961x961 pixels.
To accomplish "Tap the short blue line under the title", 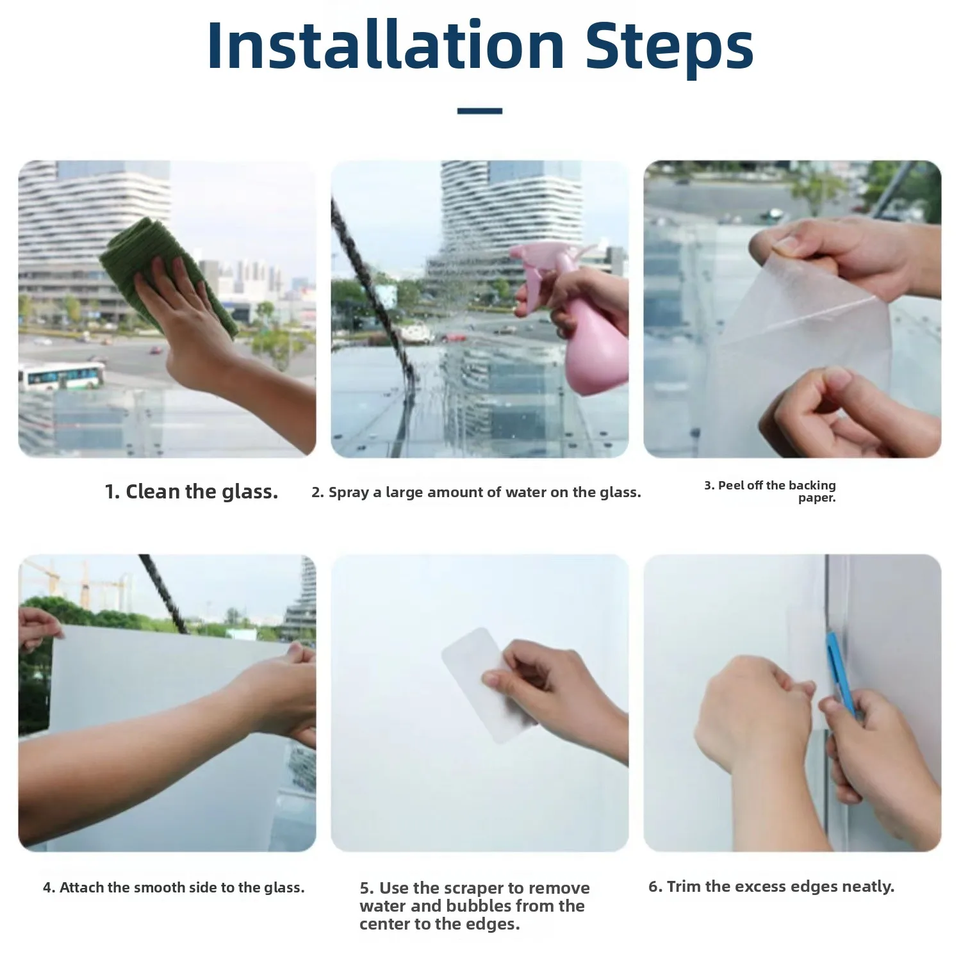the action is (x=480, y=111).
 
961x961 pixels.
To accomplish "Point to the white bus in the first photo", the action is (x=61, y=376).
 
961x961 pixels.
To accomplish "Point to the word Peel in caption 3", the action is (x=729, y=485).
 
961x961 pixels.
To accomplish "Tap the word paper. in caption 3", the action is (x=817, y=498).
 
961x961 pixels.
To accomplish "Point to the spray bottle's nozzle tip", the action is (x=512, y=251).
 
